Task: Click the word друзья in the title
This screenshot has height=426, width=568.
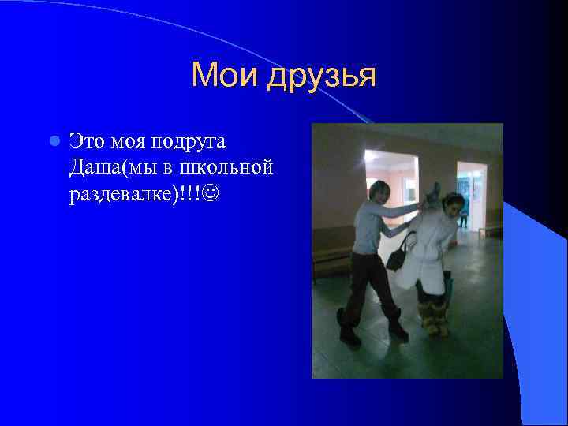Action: (x=321, y=77)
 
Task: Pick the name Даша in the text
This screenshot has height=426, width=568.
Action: (x=92, y=167)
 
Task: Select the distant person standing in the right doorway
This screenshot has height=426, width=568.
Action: (x=465, y=208)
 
